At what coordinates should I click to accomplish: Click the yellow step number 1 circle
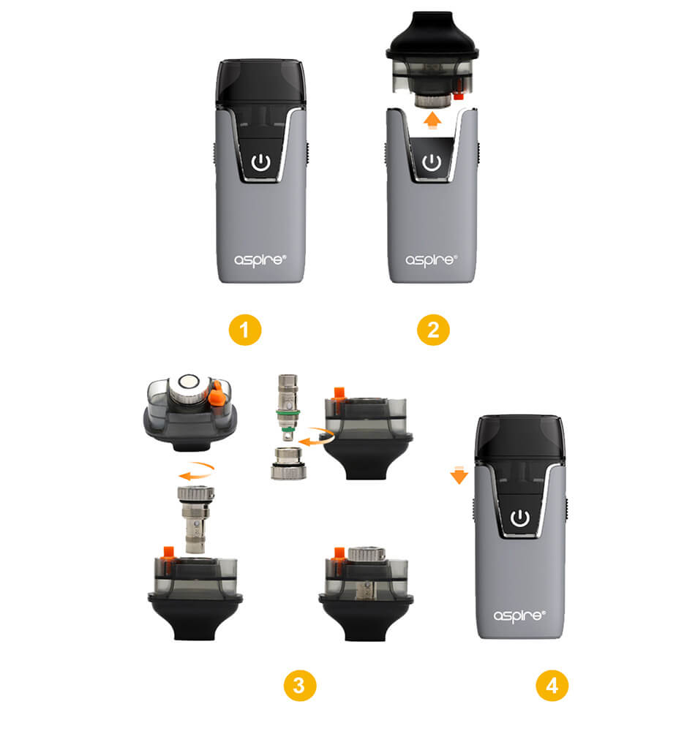point(245,330)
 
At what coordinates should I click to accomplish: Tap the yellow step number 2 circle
point(433,330)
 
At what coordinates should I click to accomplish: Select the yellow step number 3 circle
point(300,686)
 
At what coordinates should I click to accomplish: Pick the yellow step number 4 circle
point(552,686)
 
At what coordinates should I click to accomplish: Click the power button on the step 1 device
point(260,163)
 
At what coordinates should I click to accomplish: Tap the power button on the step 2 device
point(432,163)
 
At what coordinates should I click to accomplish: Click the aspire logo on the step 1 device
point(260,260)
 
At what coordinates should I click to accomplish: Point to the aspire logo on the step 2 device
point(432,260)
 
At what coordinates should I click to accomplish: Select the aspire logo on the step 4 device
point(519,616)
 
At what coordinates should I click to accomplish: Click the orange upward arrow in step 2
point(433,119)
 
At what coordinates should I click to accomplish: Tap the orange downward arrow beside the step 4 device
point(459,474)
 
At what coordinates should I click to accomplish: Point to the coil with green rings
point(288,406)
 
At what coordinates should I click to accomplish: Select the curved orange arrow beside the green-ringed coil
point(318,436)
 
